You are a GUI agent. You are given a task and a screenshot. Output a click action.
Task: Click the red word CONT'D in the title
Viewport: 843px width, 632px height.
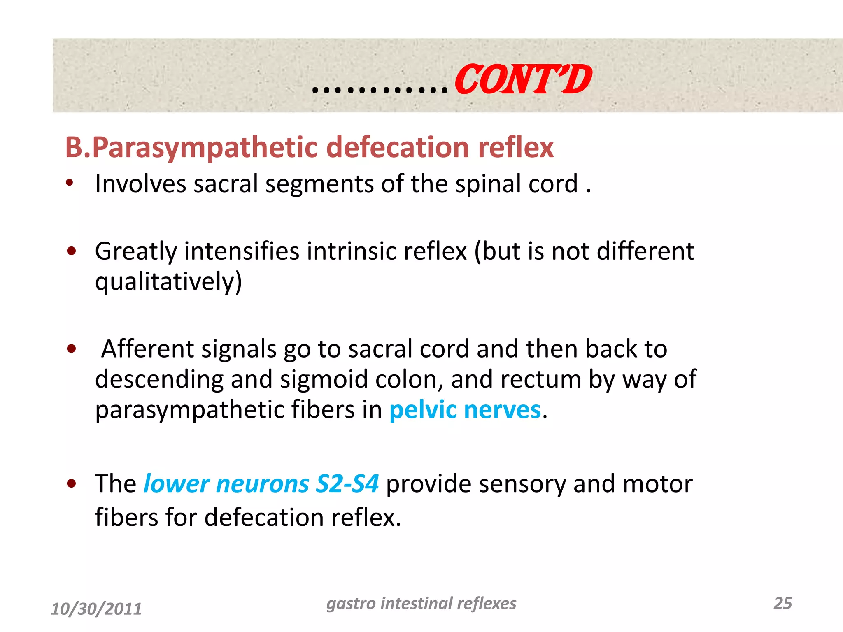tap(523, 79)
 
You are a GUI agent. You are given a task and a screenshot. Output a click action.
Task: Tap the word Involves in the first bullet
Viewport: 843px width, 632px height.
tap(140, 184)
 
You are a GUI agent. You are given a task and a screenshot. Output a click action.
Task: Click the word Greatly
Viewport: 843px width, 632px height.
tap(136, 252)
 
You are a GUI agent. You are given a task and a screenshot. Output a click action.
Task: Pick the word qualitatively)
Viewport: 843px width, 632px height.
tap(168, 282)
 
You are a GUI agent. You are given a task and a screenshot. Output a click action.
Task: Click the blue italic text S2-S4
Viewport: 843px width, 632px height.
tap(347, 483)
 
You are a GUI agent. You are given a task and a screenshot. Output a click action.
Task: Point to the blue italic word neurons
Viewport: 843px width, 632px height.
tap(262, 483)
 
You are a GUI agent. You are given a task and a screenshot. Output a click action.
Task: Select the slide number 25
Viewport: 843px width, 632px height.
tap(782, 603)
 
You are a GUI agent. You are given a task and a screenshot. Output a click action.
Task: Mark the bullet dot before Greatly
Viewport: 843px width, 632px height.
tap(72, 251)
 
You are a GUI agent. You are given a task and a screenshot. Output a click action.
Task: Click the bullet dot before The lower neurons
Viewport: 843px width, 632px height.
tap(72, 484)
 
